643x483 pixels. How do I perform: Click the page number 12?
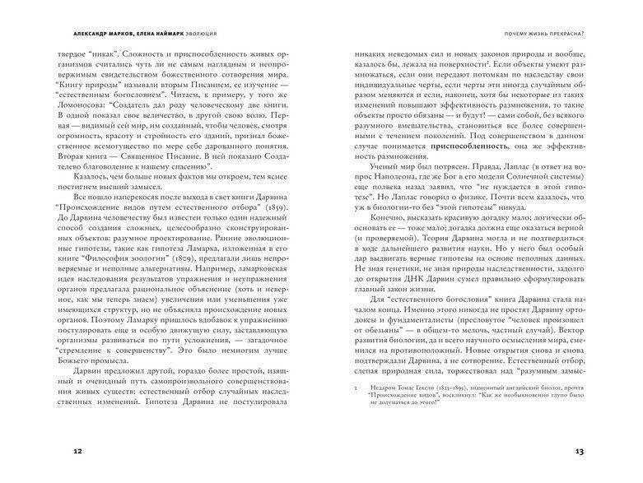point(78,452)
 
